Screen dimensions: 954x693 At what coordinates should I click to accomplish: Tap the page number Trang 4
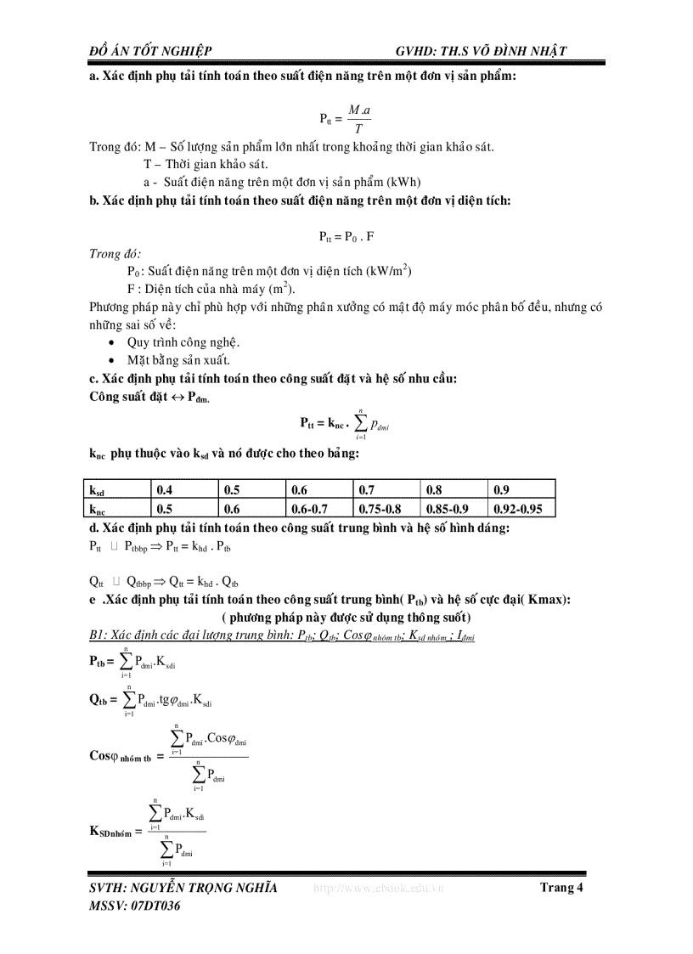coord(561,889)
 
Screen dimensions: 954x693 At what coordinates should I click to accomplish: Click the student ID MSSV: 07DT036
coord(135,906)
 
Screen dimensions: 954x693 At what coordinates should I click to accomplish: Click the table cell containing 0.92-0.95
coord(522,509)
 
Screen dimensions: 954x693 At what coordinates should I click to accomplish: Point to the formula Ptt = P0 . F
coord(346,237)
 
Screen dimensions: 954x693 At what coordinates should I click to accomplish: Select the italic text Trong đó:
coord(115,254)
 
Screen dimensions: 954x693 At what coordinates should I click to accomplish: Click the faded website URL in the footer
coord(378,889)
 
